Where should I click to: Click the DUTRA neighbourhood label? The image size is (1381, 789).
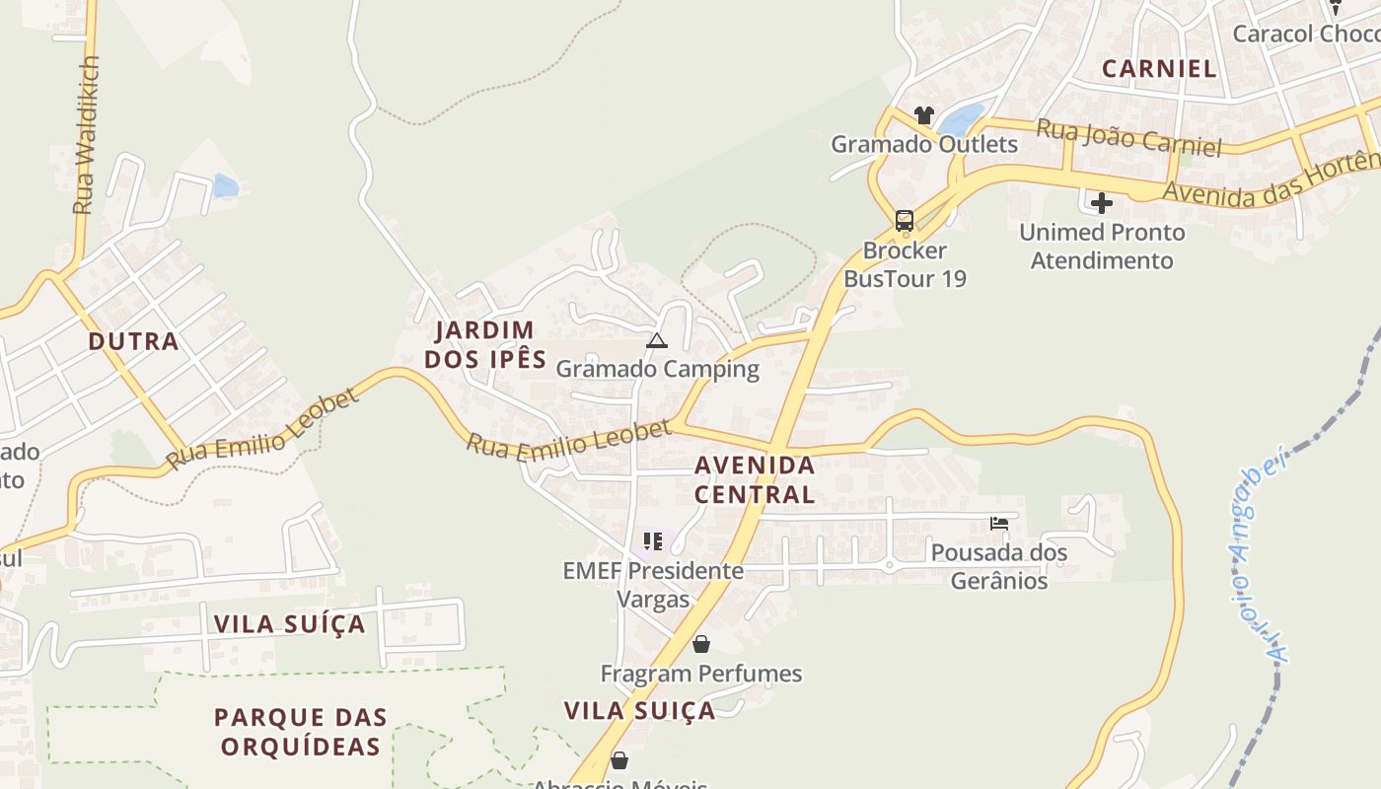tap(133, 342)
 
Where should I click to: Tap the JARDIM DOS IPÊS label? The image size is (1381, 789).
tap(485, 344)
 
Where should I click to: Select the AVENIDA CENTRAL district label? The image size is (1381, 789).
tap(755, 479)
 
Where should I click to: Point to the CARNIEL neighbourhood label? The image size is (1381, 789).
tap(1159, 68)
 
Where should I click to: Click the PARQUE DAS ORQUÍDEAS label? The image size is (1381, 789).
tap(301, 731)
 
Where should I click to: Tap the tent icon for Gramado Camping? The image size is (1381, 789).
tap(657, 341)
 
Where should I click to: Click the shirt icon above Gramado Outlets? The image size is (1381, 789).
tap(923, 115)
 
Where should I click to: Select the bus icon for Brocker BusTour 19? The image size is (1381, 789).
tap(905, 220)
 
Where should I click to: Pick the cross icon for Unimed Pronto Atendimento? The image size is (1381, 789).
tap(1102, 204)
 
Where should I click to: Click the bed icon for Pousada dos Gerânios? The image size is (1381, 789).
tap(999, 524)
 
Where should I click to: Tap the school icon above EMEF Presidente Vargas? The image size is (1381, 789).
tap(652, 541)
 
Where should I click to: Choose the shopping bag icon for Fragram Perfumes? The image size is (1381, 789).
tap(700, 645)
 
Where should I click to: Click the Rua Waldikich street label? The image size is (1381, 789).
tap(87, 135)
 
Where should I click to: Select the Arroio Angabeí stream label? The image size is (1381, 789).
tap(1259, 552)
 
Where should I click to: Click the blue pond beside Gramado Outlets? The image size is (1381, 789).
tap(961, 120)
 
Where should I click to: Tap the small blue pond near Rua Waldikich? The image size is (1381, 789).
tap(225, 185)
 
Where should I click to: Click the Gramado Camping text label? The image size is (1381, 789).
tap(658, 369)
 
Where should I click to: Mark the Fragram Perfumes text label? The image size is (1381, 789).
tap(701, 674)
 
